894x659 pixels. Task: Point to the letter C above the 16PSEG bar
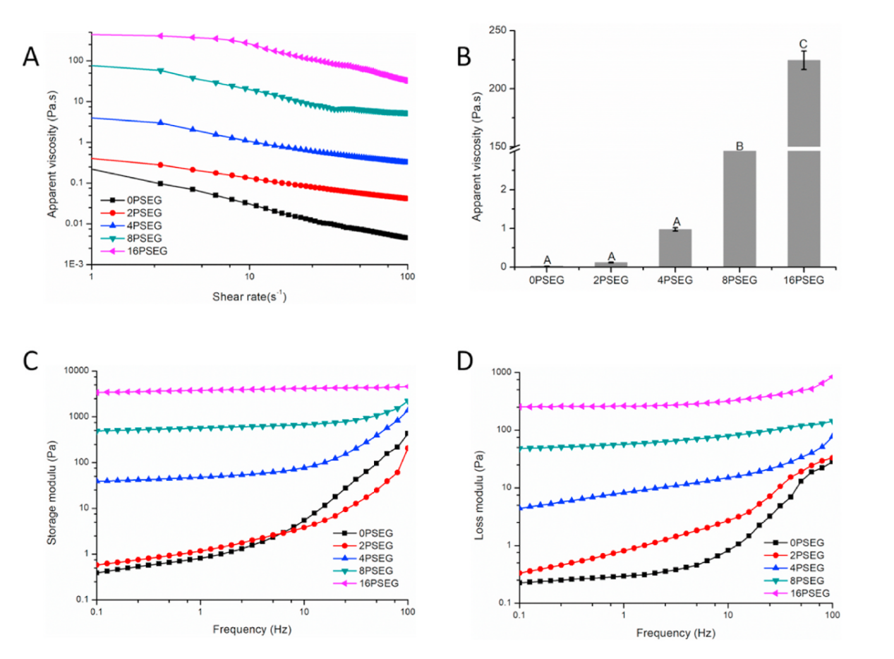click(x=803, y=44)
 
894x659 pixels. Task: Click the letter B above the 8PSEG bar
click(x=739, y=146)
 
